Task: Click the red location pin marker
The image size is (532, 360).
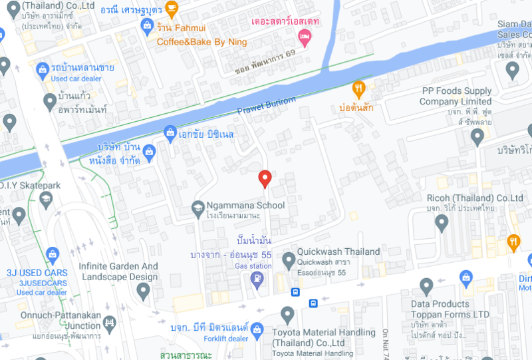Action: tap(265, 178)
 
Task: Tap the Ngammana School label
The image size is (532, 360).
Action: tap(245, 206)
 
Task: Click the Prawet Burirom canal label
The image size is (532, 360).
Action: tap(266, 105)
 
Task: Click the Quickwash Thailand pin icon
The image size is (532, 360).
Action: tap(289, 260)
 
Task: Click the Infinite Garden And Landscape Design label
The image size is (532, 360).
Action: tap(118, 271)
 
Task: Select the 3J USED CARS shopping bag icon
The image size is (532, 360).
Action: tap(53, 254)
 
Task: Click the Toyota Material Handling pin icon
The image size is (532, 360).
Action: tap(287, 315)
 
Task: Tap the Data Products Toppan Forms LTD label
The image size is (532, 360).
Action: tap(450, 309)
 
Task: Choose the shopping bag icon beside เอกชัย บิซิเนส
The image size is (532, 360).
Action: tap(170, 133)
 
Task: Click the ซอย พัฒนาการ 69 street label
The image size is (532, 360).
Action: tap(265, 61)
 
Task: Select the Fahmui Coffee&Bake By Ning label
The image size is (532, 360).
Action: tap(201, 35)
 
